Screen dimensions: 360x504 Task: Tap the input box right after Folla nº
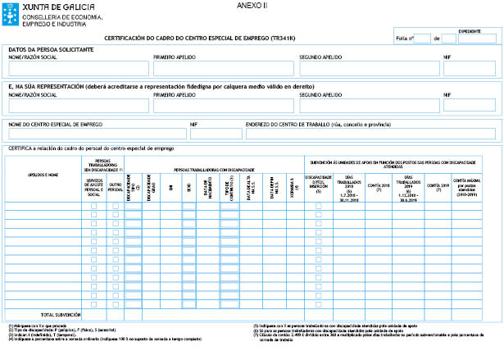tap(423, 38)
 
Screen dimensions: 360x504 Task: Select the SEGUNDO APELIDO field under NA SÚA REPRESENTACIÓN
tap(369, 105)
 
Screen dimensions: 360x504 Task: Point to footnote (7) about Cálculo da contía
tap(344, 335)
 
